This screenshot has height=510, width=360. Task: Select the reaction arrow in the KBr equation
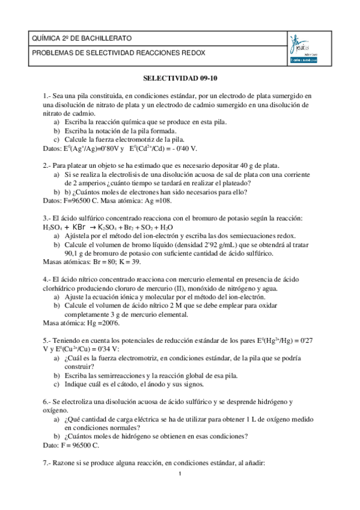[92, 228]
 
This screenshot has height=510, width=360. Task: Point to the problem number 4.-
[47, 280]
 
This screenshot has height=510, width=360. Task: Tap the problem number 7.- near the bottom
[47, 463]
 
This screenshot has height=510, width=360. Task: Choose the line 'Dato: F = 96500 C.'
[71, 446]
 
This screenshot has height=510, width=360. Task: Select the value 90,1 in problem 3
[73, 254]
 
